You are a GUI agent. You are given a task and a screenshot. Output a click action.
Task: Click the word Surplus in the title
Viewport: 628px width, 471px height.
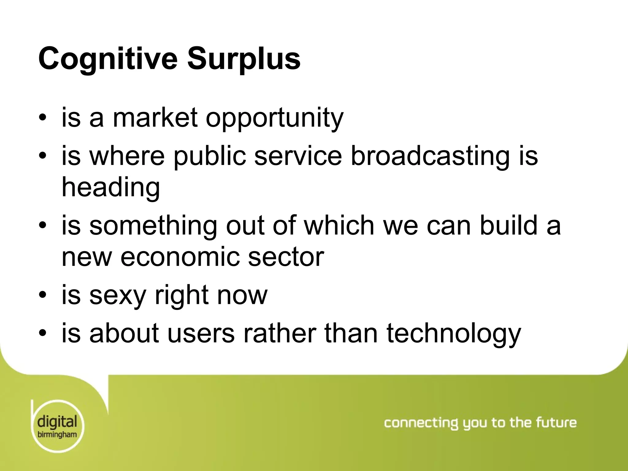tap(244, 59)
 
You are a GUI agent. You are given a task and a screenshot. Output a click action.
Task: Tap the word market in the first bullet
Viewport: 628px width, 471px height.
tap(155, 118)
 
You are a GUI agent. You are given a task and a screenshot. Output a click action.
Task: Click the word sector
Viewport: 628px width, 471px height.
tap(286, 257)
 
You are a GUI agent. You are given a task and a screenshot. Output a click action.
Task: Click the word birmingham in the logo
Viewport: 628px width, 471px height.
tap(57, 435)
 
